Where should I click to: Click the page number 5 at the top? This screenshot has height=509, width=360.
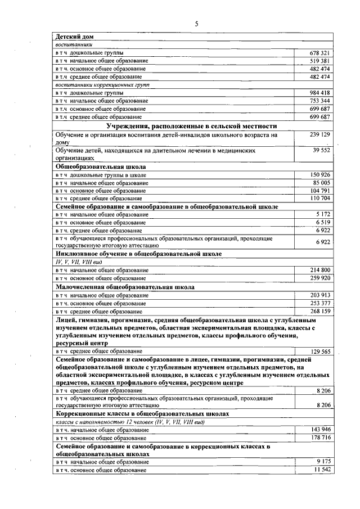[196, 23]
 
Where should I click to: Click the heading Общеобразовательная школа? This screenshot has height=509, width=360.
[101, 167]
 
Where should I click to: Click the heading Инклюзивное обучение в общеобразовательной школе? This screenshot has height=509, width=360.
[138, 254]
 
